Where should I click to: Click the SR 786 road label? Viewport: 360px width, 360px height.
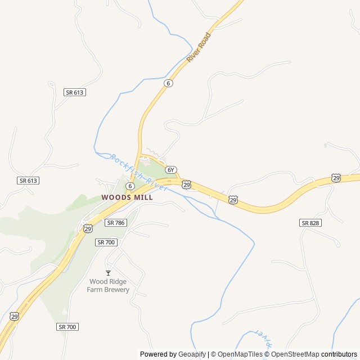pos(115,223)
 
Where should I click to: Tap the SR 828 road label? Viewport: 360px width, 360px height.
pos(310,223)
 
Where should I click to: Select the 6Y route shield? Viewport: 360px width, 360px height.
pos(172,169)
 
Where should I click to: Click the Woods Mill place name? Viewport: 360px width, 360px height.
pos(127,197)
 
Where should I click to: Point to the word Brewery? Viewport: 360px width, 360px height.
pos(116,290)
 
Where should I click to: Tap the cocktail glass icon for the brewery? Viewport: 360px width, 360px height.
pos(108,273)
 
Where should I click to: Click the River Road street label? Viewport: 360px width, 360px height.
pos(199,47)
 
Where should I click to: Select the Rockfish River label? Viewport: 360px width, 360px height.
pos(138,172)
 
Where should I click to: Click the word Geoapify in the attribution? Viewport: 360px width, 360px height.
pos(192,354)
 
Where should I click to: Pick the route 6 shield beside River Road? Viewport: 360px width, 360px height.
pos(169,83)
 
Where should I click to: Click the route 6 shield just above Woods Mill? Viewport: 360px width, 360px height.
pos(130,186)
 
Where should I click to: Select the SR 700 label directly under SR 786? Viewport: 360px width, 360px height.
pos(106,242)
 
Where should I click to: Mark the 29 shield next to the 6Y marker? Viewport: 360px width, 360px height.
pos(186,184)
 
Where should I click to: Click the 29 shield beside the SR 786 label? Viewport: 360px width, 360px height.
pos(88,228)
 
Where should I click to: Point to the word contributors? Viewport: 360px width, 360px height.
pos(339,354)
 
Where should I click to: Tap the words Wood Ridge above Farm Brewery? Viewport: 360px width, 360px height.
pos(108,281)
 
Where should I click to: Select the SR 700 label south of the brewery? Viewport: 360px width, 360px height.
pos(67,326)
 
